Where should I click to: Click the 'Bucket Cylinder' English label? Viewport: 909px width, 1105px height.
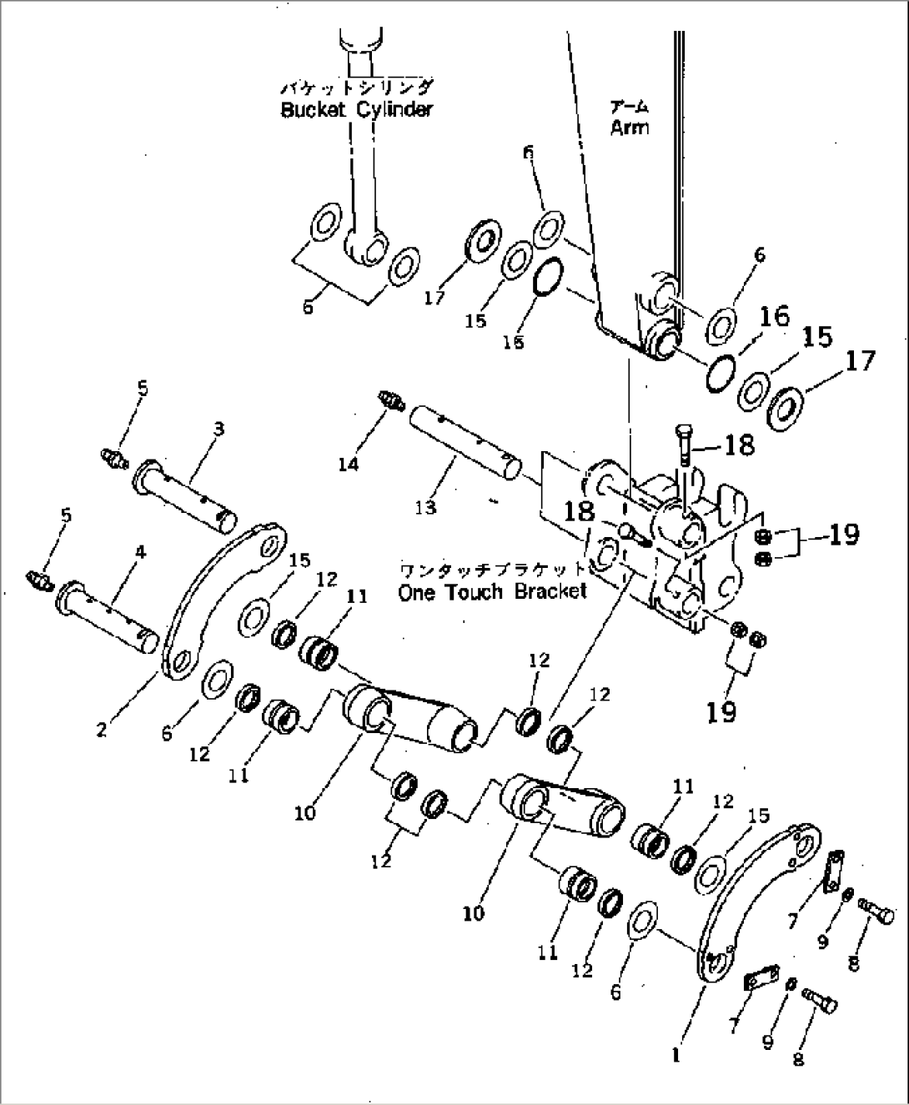click(356, 110)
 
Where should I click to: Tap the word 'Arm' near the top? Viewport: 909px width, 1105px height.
click(629, 128)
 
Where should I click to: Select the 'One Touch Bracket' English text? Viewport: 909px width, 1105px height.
click(492, 592)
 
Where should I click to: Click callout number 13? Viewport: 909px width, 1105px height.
click(426, 506)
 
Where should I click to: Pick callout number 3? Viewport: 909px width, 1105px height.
click(218, 429)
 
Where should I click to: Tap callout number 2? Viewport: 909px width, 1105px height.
click(101, 730)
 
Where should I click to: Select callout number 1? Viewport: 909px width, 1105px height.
click(675, 1054)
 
